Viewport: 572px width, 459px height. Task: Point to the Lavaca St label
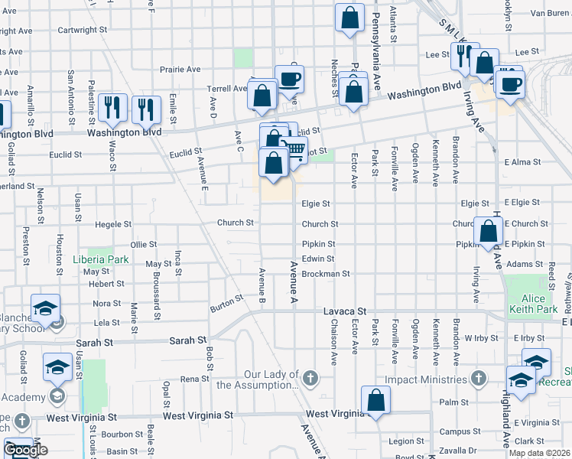tap(345, 312)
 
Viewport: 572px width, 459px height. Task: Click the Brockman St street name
tap(325, 273)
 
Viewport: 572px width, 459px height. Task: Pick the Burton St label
tap(226, 308)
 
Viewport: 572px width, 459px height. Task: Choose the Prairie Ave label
tap(180, 69)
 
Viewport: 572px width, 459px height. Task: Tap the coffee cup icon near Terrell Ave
tap(289, 80)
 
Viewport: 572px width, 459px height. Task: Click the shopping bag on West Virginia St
tap(375, 400)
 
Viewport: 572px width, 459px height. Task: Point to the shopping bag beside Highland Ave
tap(488, 231)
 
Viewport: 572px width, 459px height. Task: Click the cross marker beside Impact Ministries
tap(479, 378)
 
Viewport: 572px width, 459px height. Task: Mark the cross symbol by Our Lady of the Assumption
tap(310, 378)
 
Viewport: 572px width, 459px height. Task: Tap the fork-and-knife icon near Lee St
tap(464, 57)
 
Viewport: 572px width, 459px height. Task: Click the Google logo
tap(25, 450)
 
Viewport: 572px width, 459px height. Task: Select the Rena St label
tap(195, 379)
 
